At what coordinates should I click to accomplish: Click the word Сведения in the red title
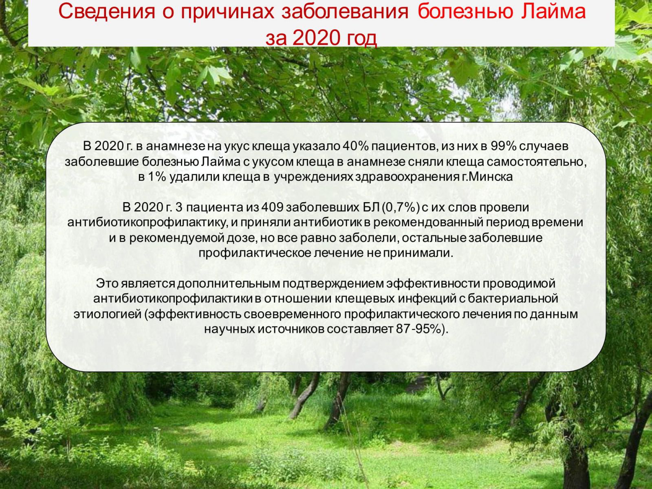[107, 11]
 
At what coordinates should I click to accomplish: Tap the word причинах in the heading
[227, 12]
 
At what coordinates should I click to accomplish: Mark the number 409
[272, 207]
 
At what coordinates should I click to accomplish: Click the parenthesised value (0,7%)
[401, 207]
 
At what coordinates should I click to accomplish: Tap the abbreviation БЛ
[371, 207]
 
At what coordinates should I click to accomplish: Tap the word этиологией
[108, 314]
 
